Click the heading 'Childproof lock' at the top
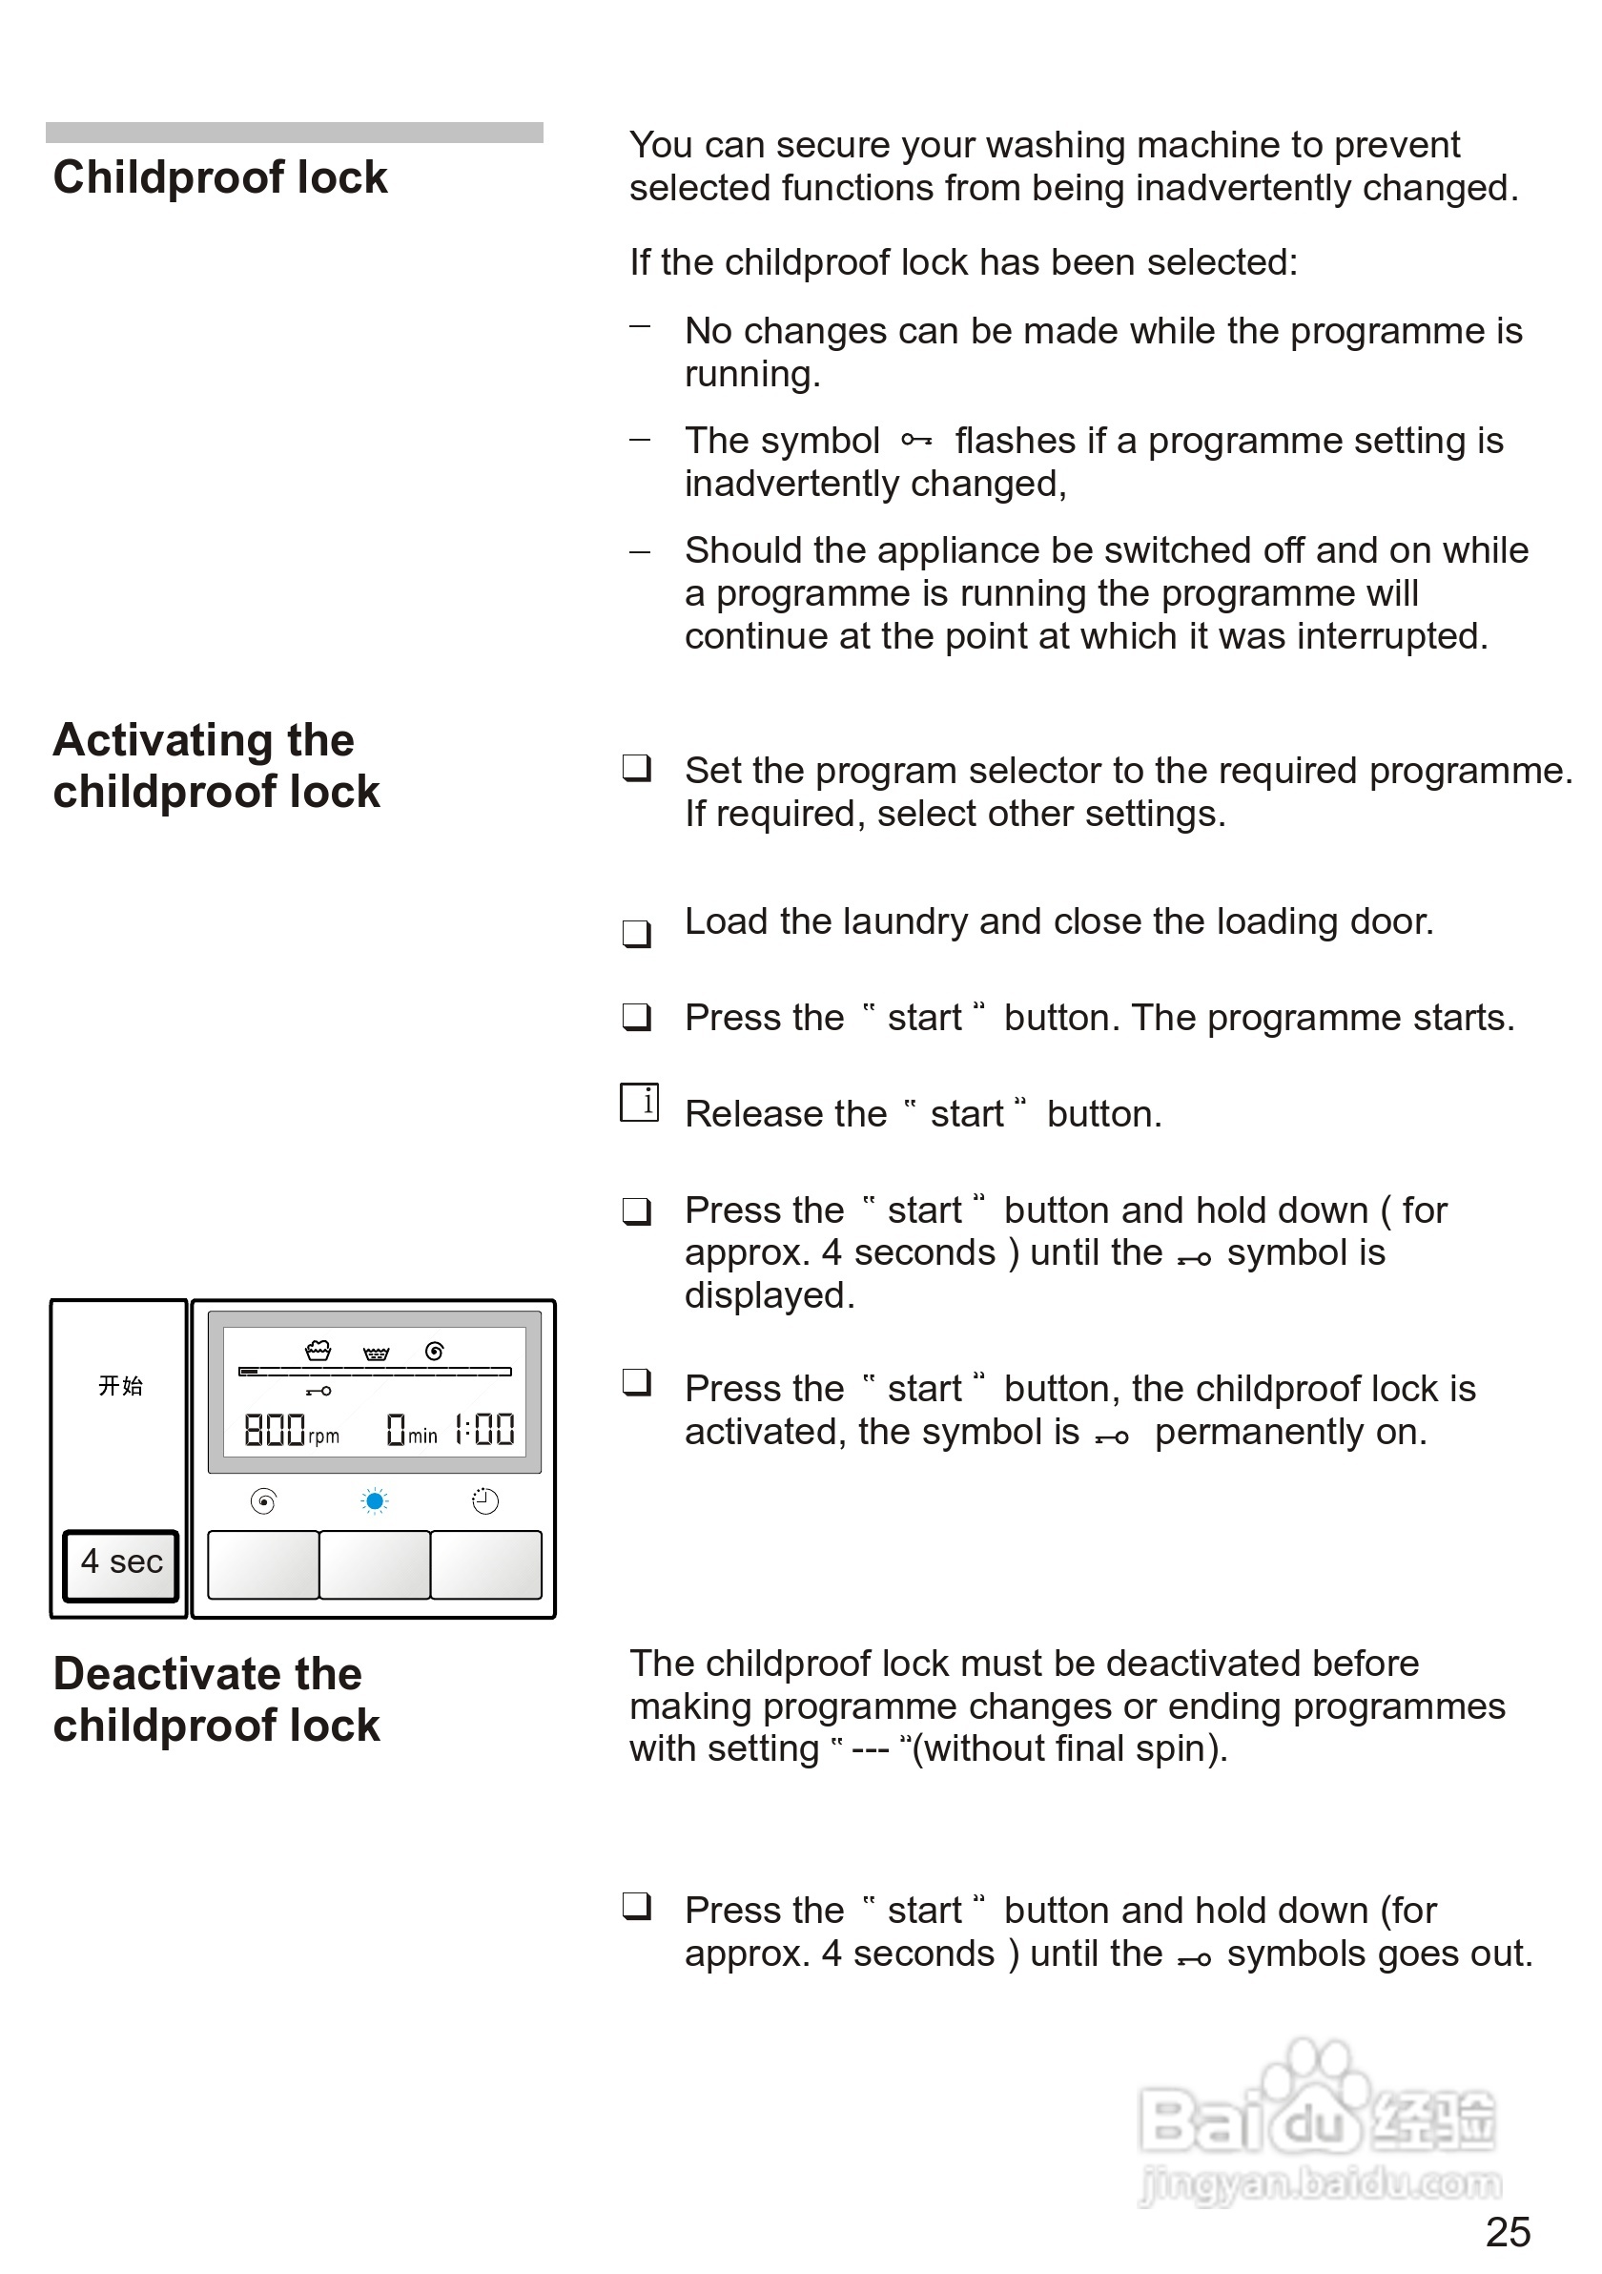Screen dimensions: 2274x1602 coord(220,178)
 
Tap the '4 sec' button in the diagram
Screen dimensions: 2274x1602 coord(121,1561)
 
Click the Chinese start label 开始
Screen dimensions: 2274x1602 coord(121,1386)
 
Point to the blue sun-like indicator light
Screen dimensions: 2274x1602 coord(374,1502)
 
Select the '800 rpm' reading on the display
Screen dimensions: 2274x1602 coord(291,1430)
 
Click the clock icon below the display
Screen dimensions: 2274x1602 coord(485,1502)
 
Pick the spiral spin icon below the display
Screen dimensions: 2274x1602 coord(263,1502)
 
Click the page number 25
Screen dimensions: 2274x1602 coord(1507,2232)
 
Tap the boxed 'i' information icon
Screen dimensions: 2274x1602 coord(640,1103)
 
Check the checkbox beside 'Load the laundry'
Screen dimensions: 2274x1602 coord(637,933)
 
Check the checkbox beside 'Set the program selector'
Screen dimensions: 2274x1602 coord(637,768)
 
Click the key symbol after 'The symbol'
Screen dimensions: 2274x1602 coord(915,440)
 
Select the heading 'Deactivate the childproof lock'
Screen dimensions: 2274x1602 coord(216,1700)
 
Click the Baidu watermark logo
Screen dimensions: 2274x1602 coord(1317,2119)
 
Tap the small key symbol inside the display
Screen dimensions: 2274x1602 coord(318,1392)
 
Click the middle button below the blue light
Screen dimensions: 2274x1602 coord(374,1564)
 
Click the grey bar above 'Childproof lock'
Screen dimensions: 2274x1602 coord(294,133)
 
